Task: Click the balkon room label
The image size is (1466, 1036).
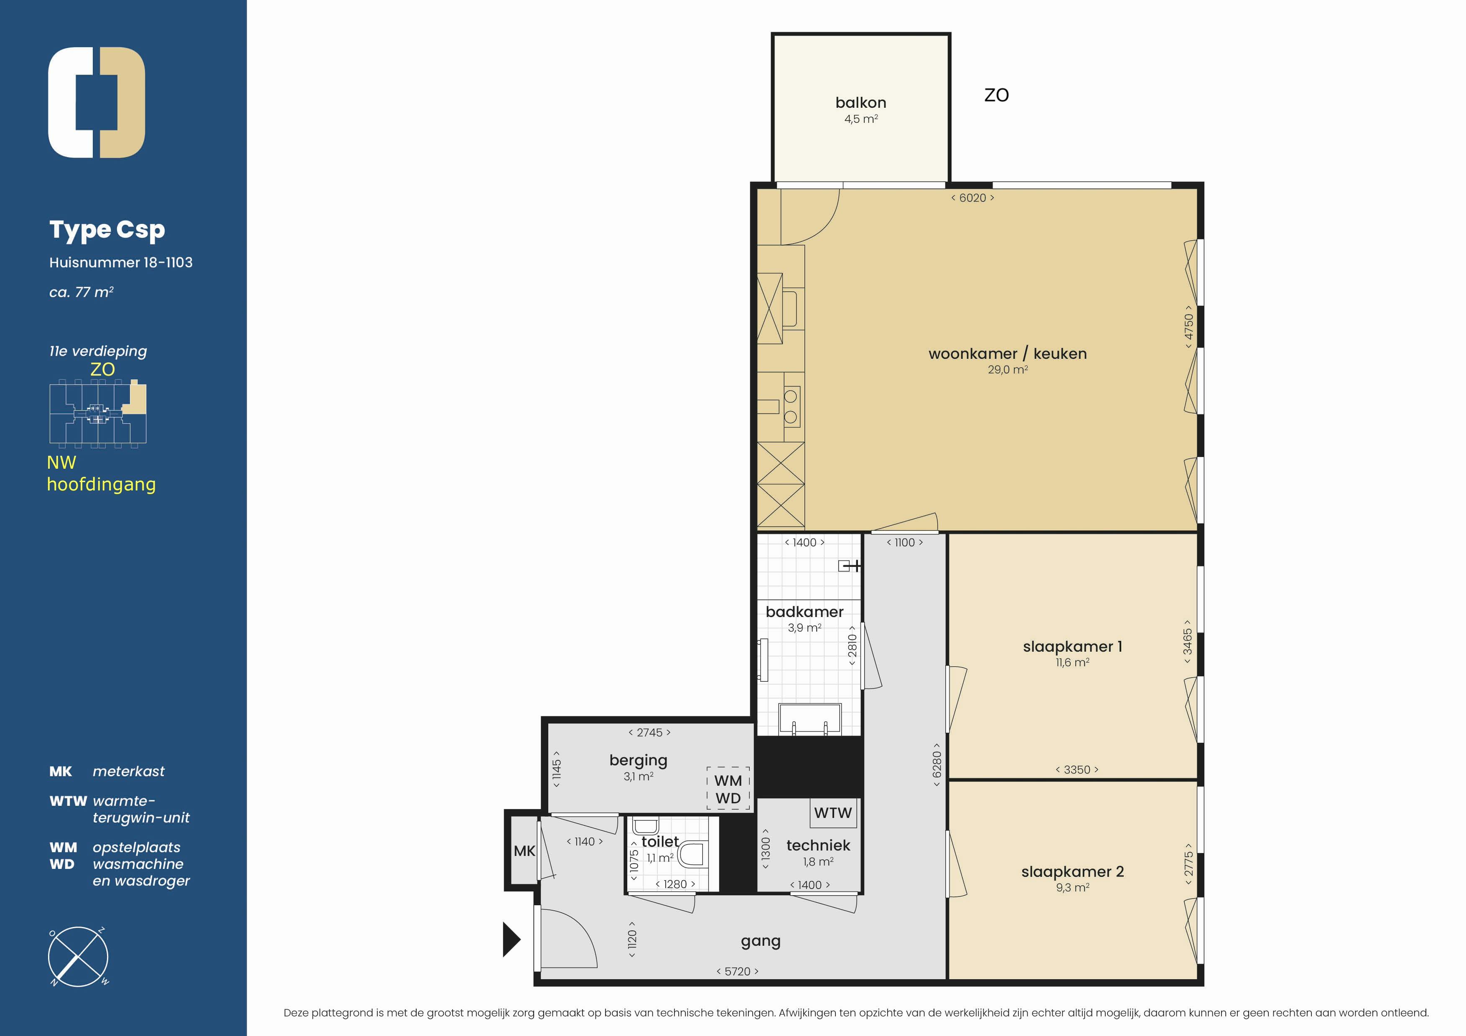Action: (x=860, y=103)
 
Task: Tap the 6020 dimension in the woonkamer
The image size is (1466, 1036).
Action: (x=972, y=198)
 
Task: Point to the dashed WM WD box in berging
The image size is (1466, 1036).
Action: (x=728, y=789)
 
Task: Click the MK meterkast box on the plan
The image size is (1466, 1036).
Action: (x=524, y=851)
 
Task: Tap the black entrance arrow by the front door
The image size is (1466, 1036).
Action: (x=512, y=939)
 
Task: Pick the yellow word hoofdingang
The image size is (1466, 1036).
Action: (x=101, y=485)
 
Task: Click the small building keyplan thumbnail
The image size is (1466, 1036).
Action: (x=98, y=412)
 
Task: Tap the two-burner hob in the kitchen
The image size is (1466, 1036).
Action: (x=791, y=406)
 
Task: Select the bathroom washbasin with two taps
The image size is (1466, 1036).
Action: (x=809, y=719)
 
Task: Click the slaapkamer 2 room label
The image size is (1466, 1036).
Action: (x=1072, y=871)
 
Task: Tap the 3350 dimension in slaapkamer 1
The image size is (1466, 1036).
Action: (x=1077, y=770)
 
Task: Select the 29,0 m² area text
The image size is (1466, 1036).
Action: (x=1008, y=370)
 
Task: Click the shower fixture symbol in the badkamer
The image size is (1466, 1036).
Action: (x=849, y=566)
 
